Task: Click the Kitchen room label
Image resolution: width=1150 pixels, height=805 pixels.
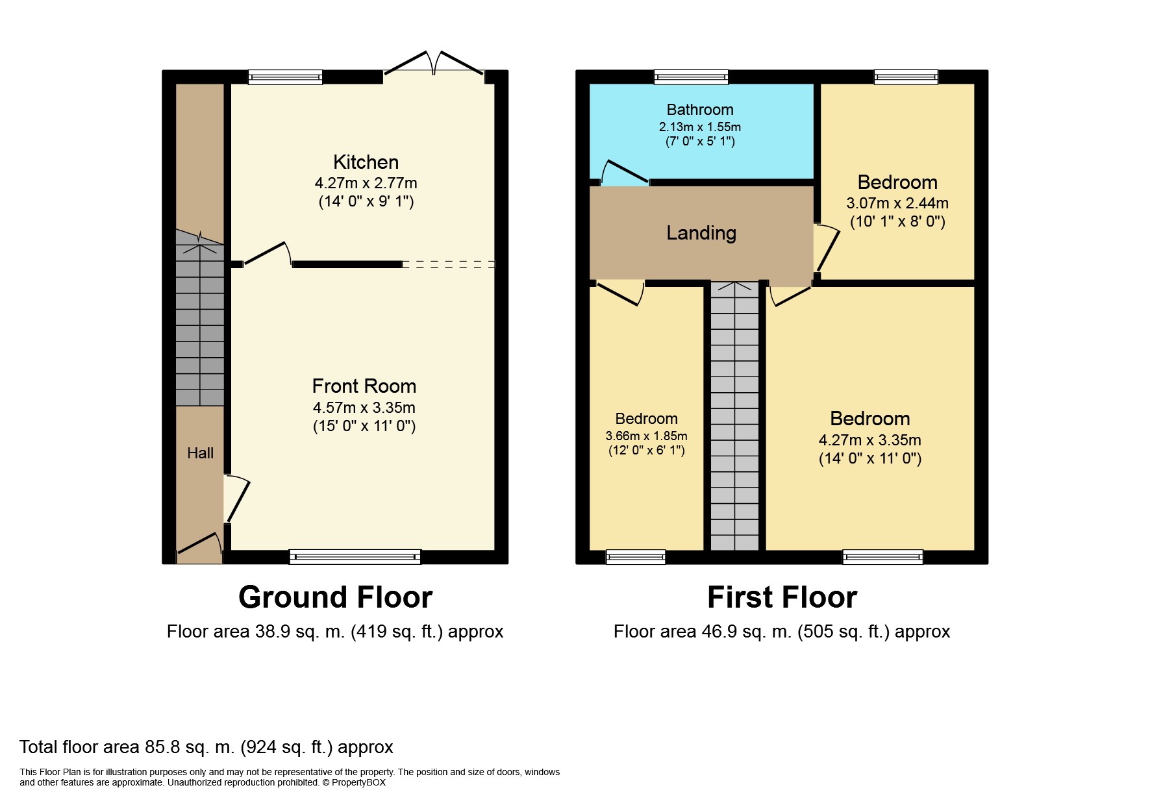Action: click(x=366, y=162)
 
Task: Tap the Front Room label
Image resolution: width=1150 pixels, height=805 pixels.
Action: click(x=364, y=386)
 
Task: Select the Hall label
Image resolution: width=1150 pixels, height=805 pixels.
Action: click(x=200, y=453)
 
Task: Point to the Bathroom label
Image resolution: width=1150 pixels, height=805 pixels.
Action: click(x=700, y=110)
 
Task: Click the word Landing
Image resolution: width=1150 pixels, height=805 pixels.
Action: click(x=701, y=233)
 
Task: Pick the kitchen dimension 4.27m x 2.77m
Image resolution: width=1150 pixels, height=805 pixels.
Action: click(x=366, y=183)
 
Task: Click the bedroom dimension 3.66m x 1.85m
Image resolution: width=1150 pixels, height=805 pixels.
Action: click(x=646, y=436)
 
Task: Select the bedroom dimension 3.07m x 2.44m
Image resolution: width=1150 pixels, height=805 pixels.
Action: click(x=897, y=203)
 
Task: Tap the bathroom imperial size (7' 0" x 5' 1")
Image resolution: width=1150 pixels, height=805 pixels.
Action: click(x=700, y=141)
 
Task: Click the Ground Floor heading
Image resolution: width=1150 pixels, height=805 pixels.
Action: click(x=335, y=597)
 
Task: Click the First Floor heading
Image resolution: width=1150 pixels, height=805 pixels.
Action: click(x=782, y=597)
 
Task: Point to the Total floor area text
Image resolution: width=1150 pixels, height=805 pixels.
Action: click(x=206, y=747)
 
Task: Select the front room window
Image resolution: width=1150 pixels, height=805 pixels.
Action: click(x=355, y=556)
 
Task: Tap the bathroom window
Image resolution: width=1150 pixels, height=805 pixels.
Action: click(x=691, y=77)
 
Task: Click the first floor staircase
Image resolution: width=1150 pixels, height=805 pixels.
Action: click(x=734, y=416)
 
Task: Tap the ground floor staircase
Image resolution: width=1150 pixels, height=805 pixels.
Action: click(x=200, y=318)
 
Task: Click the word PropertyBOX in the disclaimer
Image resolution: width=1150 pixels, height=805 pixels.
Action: click(x=358, y=783)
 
